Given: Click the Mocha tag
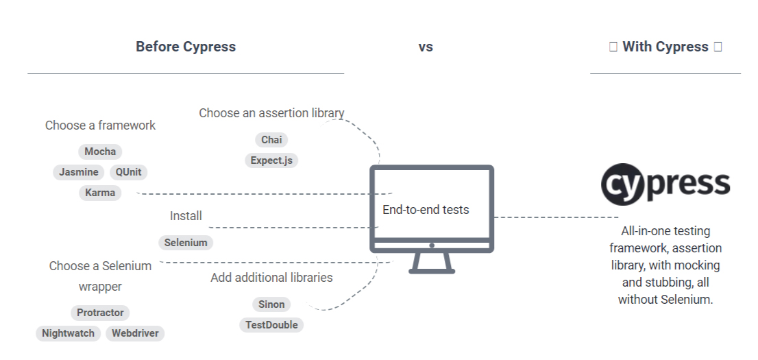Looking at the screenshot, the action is pos(100,152).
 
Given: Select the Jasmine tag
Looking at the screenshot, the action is pos(78,172).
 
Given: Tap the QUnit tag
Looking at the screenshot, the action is pos(129,172).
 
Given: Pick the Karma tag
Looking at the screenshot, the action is pos(100,193).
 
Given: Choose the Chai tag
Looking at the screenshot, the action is pos(271,140).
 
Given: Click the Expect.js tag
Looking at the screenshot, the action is pos(271,160).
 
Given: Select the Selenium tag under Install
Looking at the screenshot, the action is pos(186,243).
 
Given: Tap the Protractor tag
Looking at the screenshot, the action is pos(100,313).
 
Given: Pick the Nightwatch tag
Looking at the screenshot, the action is pos(68,333).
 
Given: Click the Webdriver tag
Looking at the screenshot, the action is pos(136,333).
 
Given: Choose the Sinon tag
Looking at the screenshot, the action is pos(271,304).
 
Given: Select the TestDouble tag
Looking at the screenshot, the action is pos(271,325).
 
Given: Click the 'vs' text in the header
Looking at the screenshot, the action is pos(426,47).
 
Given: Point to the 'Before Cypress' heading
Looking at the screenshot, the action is pos(186,47).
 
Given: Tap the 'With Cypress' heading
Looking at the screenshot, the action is pos(665,47).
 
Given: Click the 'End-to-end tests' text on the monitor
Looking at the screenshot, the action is pos(426,210).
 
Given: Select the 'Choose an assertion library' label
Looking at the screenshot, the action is pos(271,113).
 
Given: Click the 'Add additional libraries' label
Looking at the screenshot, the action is pos(271,278).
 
